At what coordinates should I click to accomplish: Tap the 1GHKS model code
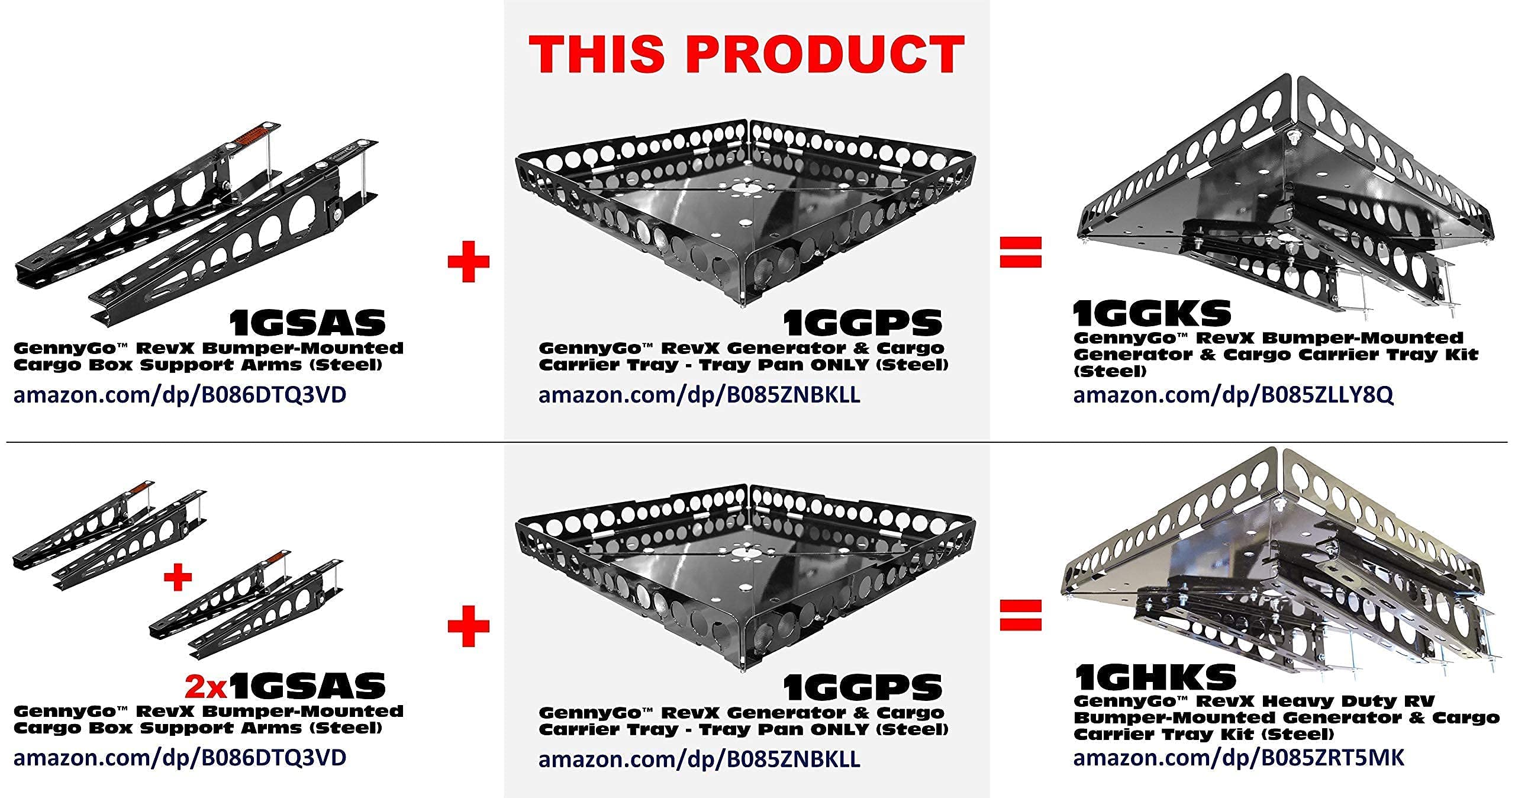(x=1155, y=676)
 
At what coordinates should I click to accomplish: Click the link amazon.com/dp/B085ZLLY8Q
(x=1233, y=395)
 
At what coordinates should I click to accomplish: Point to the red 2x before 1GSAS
(x=207, y=686)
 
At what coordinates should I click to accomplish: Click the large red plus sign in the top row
(x=469, y=260)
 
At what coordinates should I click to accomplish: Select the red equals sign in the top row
(x=1020, y=252)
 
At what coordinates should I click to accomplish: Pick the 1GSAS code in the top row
(x=308, y=323)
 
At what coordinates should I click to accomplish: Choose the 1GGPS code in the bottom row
(x=862, y=687)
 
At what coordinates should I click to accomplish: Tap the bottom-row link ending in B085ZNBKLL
(x=699, y=758)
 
